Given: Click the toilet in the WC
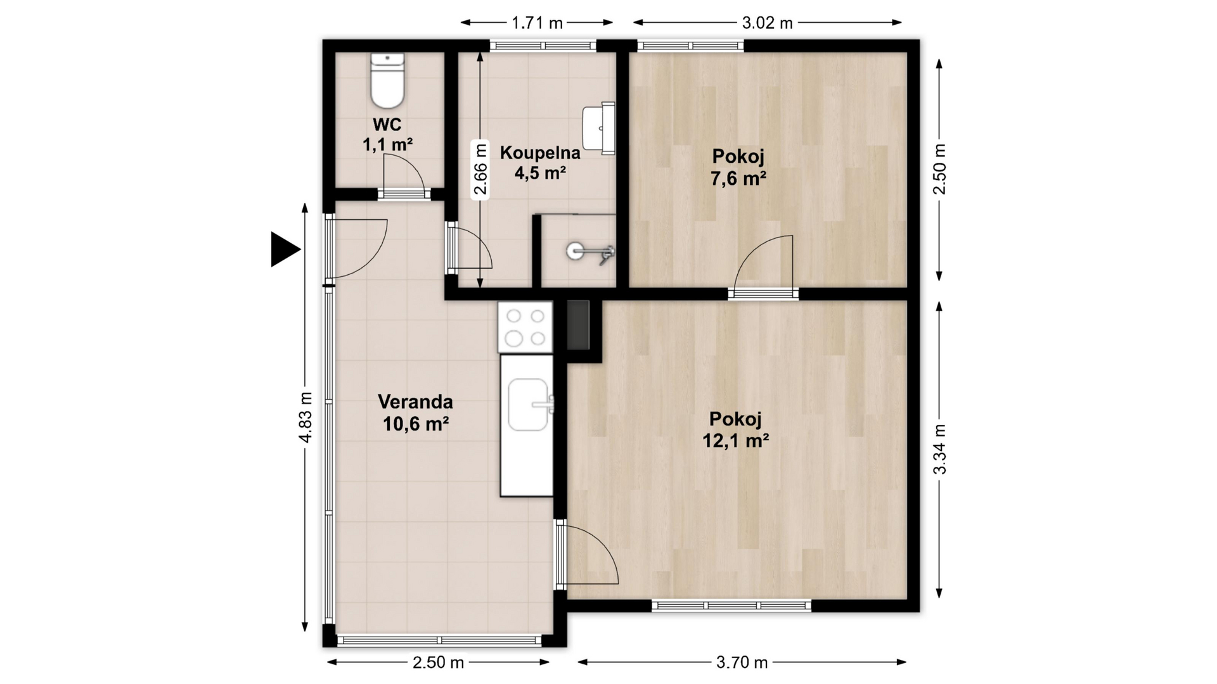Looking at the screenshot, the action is (x=387, y=81).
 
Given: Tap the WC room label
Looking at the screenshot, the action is (x=387, y=124).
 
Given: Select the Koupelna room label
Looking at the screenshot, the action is (x=540, y=153).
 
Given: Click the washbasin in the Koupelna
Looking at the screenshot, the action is (x=598, y=129).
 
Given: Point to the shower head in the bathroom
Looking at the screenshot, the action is (x=590, y=251).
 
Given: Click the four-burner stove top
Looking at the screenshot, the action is (x=525, y=327).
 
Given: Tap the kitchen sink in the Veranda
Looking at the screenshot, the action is (x=529, y=405).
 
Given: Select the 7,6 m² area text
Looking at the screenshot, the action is (x=738, y=179).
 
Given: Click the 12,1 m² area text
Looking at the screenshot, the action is (x=736, y=440).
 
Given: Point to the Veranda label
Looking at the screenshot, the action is (x=415, y=402).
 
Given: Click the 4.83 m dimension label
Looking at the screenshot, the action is (x=306, y=417).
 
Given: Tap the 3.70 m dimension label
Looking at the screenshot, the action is (x=742, y=662).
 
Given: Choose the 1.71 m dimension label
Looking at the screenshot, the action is (x=537, y=23).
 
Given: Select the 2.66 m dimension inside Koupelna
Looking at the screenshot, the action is (x=480, y=170).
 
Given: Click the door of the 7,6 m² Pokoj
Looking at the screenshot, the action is (x=763, y=265).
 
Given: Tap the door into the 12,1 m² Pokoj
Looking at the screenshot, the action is (x=586, y=554).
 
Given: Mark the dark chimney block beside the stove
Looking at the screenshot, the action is (x=578, y=325).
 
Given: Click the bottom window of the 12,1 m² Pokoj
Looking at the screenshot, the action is (x=731, y=605).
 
